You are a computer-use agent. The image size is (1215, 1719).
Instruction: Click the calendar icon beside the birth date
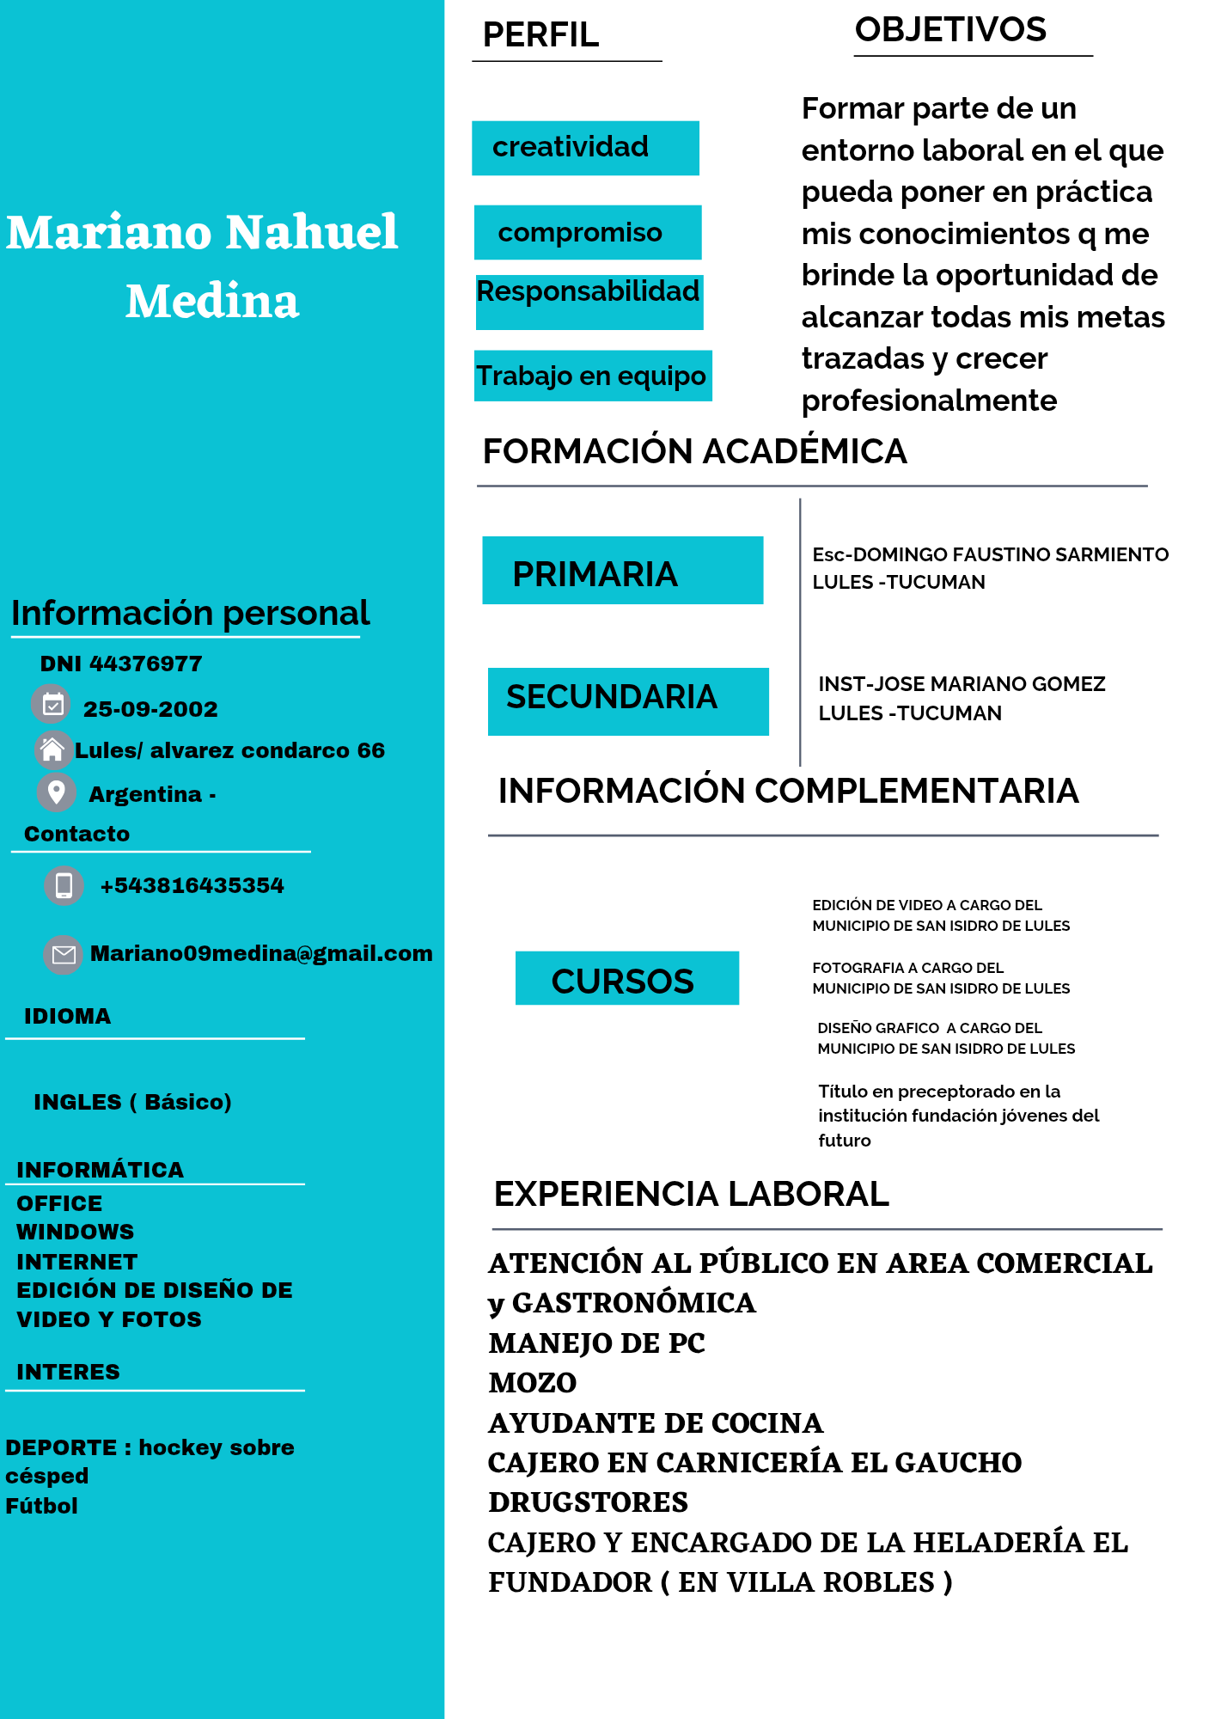[x=52, y=705]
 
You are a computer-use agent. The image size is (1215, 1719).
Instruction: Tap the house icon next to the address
[x=52, y=749]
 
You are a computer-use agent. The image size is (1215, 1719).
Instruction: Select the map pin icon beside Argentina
[x=57, y=792]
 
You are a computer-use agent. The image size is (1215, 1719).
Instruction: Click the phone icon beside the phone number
[x=64, y=885]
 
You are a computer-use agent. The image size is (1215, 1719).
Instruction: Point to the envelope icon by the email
[x=64, y=954]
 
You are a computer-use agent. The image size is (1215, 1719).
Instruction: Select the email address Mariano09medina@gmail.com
[x=261, y=953]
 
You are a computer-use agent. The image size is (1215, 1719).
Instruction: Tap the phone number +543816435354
[x=192, y=885]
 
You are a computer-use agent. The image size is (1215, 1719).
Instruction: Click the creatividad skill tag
[x=585, y=148]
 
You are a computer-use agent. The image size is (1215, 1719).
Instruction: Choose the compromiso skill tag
[x=588, y=232]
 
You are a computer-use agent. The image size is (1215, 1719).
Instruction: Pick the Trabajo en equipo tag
[x=592, y=376]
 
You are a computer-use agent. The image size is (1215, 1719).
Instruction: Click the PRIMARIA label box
[x=622, y=571]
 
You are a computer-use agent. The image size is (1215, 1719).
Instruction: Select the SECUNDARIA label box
[x=627, y=700]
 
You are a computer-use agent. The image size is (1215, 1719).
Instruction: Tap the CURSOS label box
[x=626, y=978]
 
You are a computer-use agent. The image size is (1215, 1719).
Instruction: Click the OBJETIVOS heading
[x=950, y=30]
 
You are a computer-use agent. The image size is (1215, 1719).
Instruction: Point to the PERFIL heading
[x=540, y=35]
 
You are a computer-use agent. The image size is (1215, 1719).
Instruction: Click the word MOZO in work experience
[x=533, y=1383]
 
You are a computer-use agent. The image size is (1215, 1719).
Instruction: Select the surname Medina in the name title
[x=212, y=302]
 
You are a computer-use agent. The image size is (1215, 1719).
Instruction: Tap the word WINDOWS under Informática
[x=76, y=1232]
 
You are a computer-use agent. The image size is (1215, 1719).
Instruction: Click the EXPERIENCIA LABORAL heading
[x=691, y=1194]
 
